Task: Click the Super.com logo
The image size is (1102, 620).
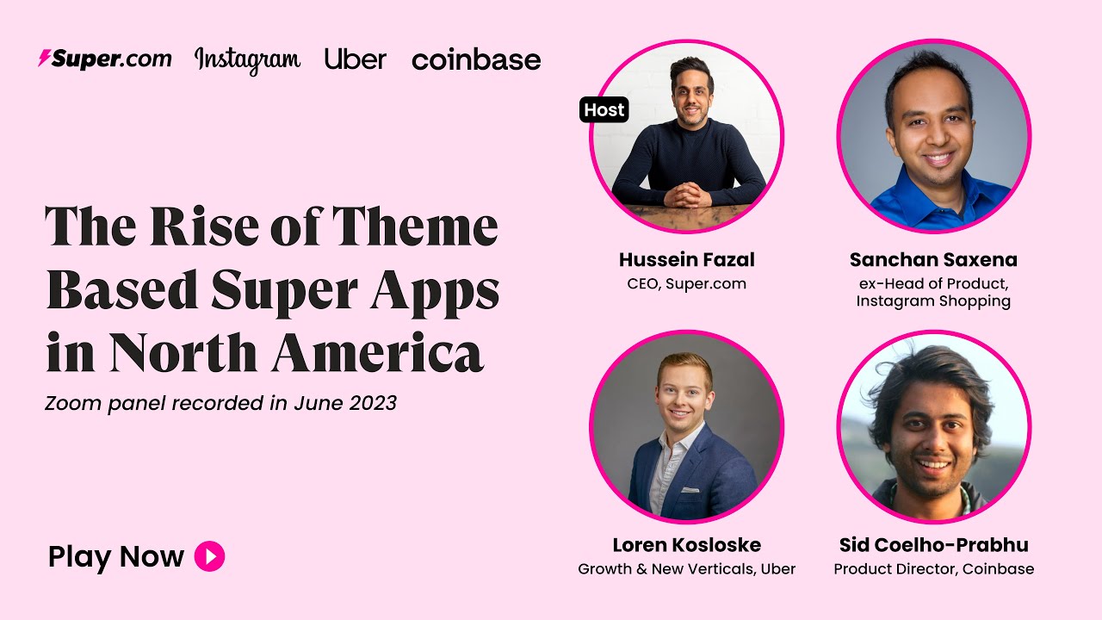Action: [x=105, y=59]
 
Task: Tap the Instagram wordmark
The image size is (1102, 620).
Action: [x=247, y=61]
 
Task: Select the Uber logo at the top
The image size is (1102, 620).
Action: [x=356, y=59]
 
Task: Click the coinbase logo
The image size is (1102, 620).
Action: [x=476, y=59]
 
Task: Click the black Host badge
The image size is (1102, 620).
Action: [x=604, y=109]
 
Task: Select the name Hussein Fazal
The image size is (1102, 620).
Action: [x=687, y=260]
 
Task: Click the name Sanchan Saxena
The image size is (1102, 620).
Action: [x=933, y=260]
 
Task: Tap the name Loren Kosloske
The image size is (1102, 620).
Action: [x=687, y=545]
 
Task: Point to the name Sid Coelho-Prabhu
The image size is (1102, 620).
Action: [x=934, y=545]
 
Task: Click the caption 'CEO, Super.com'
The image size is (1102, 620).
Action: [x=687, y=284]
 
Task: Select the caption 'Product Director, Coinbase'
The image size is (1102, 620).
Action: [x=934, y=569]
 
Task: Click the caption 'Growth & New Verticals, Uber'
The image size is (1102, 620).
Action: [x=687, y=569]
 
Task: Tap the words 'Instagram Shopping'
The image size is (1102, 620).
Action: [x=933, y=301]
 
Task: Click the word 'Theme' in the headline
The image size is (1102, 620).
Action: [x=415, y=226]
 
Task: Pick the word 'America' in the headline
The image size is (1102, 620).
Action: [x=377, y=352]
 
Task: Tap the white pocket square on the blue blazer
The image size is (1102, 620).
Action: [x=690, y=490]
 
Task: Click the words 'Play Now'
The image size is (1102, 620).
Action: [x=116, y=557]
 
